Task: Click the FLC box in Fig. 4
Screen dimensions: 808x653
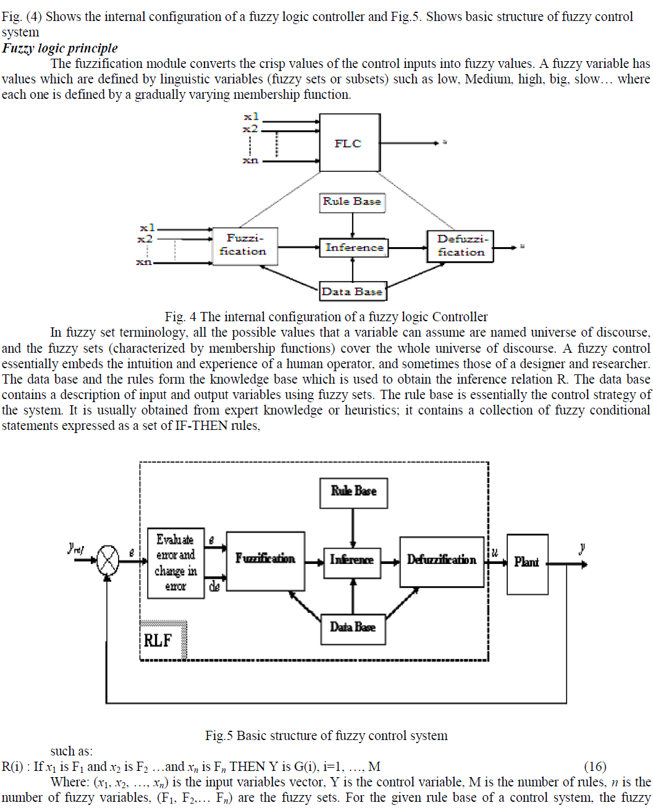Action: [350, 143]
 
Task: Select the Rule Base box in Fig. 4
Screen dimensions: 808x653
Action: [352, 202]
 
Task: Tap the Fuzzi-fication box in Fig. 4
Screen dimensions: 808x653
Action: [244, 246]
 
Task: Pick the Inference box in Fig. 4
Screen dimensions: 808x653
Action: [354, 248]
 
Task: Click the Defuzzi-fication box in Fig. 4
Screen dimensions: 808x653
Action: [460, 246]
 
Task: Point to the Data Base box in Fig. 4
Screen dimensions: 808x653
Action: [352, 292]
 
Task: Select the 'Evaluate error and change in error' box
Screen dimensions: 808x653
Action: [176, 563]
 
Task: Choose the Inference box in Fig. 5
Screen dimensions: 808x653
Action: [352, 560]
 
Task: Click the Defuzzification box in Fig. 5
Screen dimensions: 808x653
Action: [442, 560]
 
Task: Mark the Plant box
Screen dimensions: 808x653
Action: [527, 563]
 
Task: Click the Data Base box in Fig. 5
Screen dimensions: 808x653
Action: [353, 628]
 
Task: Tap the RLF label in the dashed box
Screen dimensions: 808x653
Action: [158, 641]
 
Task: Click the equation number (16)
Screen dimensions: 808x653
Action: [595, 767]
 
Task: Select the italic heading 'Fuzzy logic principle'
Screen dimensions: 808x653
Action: [60, 48]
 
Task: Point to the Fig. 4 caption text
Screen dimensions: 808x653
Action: [326, 317]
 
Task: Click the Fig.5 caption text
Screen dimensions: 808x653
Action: [326, 736]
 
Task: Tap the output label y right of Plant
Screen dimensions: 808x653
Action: [582, 548]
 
